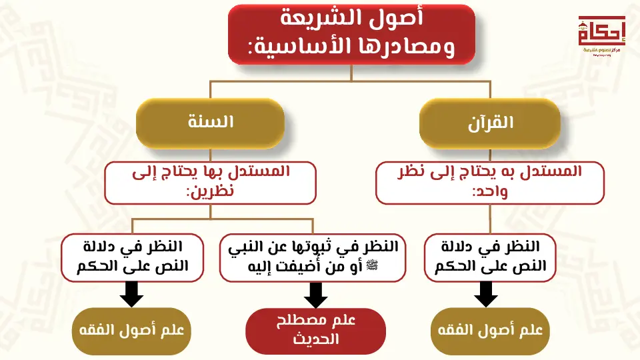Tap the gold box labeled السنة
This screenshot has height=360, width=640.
(x=210, y=123)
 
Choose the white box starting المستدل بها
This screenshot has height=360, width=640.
(x=210, y=182)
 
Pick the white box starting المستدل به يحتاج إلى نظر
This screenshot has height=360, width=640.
(x=489, y=182)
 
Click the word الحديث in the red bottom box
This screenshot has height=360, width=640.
(x=315, y=339)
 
